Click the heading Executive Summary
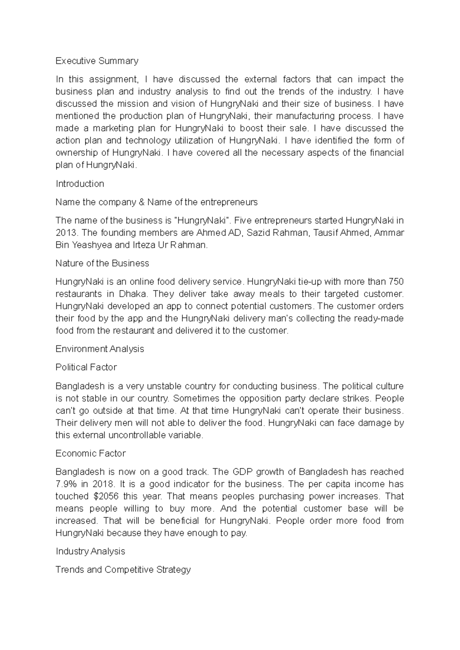pyautogui.click(x=97, y=61)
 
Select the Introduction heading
pyautogui.click(x=80, y=184)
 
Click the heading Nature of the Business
pyautogui.click(x=102, y=263)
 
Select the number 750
pyautogui.click(x=396, y=282)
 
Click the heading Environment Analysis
pyautogui.click(x=100, y=349)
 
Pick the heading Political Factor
pyautogui.click(x=86, y=367)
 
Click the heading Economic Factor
pyautogui.click(x=90, y=453)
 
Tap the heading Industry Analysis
pyautogui.click(x=90, y=551)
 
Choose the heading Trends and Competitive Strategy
pyautogui.click(x=123, y=570)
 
